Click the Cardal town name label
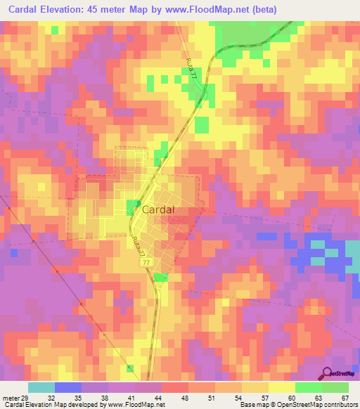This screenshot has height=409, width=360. point(158,209)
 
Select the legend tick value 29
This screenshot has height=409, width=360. point(25,396)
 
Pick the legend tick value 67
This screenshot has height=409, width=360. point(344,396)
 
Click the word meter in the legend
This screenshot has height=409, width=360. point(10,396)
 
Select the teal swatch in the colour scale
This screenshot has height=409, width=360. point(41,387)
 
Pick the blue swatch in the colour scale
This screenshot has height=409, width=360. point(67,387)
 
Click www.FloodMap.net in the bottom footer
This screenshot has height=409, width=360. point(136,405)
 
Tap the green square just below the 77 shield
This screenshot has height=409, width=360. point(161,278)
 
